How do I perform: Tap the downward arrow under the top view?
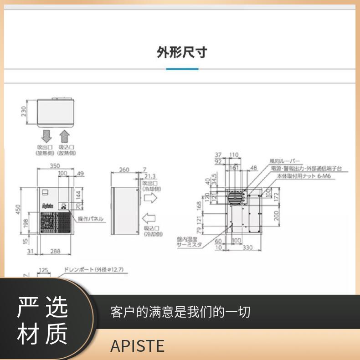pos(46,136)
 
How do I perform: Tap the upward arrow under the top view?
pos(65,136)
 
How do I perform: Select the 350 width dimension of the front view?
pos(55,167)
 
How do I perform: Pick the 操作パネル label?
pos(91,219)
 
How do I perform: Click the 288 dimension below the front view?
pos(55,251)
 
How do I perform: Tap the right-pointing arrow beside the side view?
pos(150,198)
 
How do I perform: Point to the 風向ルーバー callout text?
pos(285,161)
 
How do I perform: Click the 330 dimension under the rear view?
pos(247,247)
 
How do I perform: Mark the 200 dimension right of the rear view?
pos(276,216)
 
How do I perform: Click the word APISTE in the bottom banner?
pos(137,346)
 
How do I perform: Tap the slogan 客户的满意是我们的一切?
pos(180,312)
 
